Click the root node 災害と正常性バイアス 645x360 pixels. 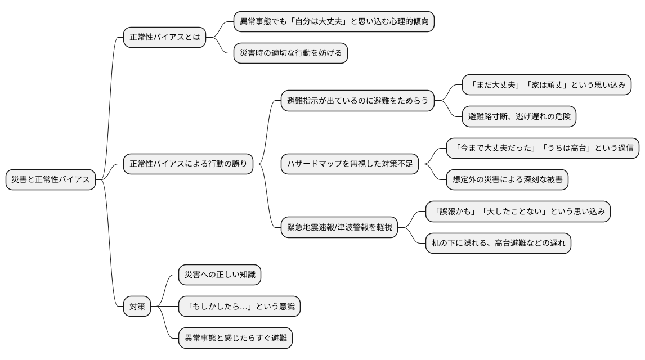[x=51, y=179]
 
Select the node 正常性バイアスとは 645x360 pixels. [x=164, y=38]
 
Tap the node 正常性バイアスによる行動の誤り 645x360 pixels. [x=189, y=164]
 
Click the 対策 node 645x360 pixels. [x=137, y=307]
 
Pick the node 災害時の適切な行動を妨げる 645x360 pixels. [x=291, y=53]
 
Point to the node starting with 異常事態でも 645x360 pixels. [x=334, y=22]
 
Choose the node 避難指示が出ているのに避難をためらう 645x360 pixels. [x=357, y=101]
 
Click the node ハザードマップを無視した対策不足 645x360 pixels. [x=350, y=164]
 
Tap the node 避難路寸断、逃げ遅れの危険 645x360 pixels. [x=518, y=116]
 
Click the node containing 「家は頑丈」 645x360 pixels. [x=546, y=85]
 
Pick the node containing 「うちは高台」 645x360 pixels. [x=543, y=148]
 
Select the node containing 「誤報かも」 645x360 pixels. [x=518, y=211]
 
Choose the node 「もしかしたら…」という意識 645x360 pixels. [x=239, y=307]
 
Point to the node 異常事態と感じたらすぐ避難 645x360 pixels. [x=235, y=338]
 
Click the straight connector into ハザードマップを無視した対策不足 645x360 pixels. [x=267, y=164]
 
